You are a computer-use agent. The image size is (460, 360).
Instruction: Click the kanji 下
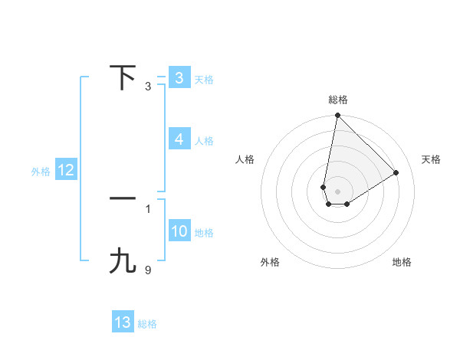pos(123,77)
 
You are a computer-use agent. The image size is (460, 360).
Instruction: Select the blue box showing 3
pos(179,77)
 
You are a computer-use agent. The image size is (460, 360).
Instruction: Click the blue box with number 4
pos(179,139)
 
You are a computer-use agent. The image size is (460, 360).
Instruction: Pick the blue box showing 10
pos(179,231)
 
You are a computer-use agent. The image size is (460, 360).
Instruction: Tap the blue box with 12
pos(66,170)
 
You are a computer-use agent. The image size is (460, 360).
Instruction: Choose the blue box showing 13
pos(123,322)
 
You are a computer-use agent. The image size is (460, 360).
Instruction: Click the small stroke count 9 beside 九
pos(148,270)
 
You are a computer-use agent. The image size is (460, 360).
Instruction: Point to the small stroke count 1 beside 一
pos(148,208)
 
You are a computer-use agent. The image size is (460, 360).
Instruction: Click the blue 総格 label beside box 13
pos(147,324)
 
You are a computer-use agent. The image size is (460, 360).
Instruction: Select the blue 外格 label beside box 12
pos(41,172)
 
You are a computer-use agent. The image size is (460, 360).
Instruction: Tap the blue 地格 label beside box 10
pos(204,232)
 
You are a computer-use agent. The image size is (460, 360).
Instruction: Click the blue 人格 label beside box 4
pos(204,141)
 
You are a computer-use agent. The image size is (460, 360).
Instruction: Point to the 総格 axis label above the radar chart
pos(338,100)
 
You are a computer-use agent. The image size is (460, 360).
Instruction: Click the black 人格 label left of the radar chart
pos(245,159)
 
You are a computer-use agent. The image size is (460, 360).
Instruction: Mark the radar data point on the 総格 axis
pos(337,116)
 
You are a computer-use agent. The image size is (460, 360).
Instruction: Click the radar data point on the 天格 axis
pos(396,173)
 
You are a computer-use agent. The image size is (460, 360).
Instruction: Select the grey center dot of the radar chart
pos(337,191)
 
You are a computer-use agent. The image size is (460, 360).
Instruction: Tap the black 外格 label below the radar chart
pos(270,262)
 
